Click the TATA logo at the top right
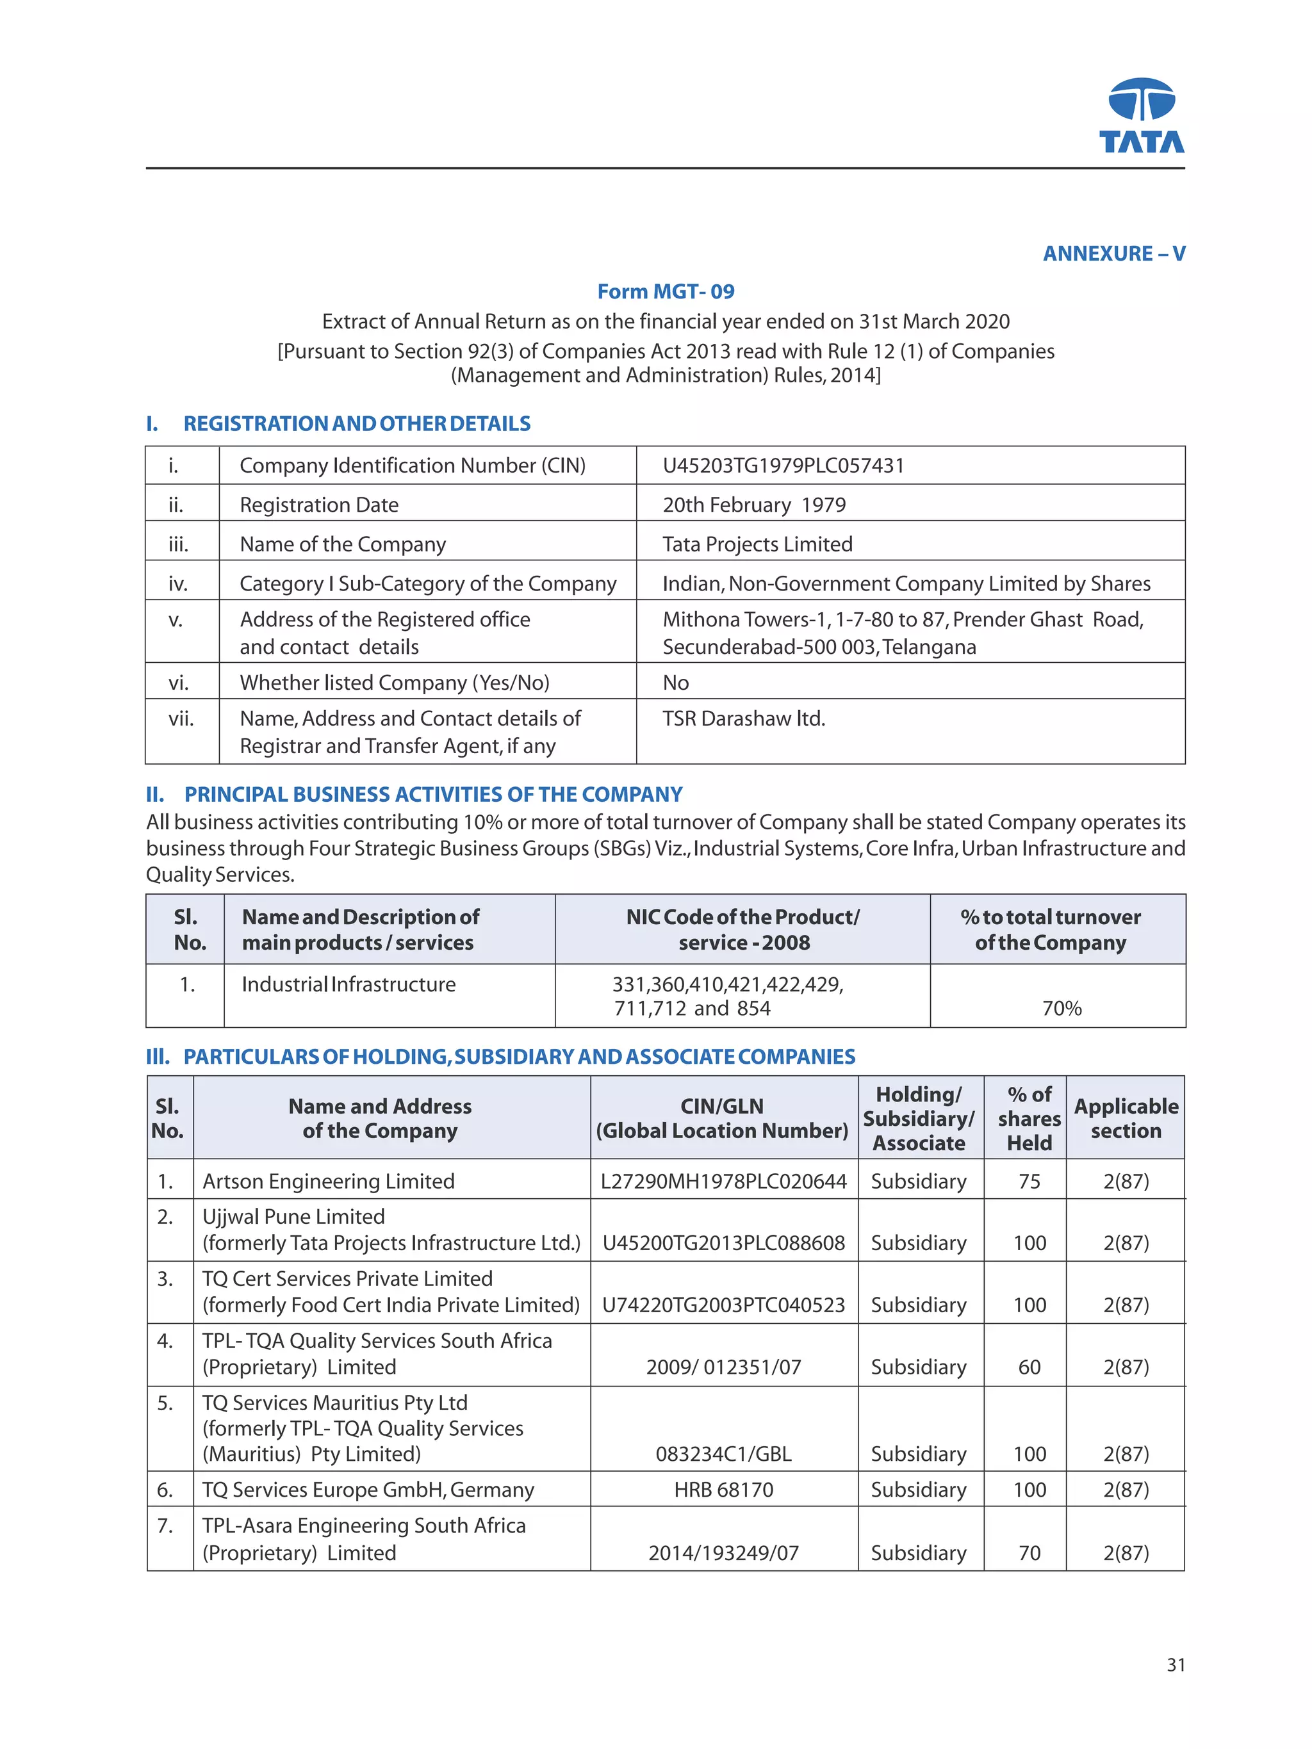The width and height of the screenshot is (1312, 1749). [1141, 115]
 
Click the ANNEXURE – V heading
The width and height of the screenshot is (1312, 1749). [1113, 254]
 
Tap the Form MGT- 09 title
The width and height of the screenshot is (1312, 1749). [665, 292]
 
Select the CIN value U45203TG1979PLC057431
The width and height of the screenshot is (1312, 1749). [782, 466]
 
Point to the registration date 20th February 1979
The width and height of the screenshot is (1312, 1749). [753, 505]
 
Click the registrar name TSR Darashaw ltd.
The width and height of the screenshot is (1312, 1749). [743, 719]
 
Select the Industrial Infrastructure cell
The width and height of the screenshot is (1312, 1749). [348, 984]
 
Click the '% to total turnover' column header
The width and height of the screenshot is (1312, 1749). [1049, 929]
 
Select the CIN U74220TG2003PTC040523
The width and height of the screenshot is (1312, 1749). [723, 1305]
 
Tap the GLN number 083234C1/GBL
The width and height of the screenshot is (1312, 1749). [723, 1453]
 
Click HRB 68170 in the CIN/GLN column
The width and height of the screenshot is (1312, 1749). [723, 1490]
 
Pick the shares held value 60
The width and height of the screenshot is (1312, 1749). [1029, 1367]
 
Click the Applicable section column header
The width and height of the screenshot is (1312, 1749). [1126, 1118]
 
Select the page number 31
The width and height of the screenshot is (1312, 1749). [1175, 1664]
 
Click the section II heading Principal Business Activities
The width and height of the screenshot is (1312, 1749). [432, 794]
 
